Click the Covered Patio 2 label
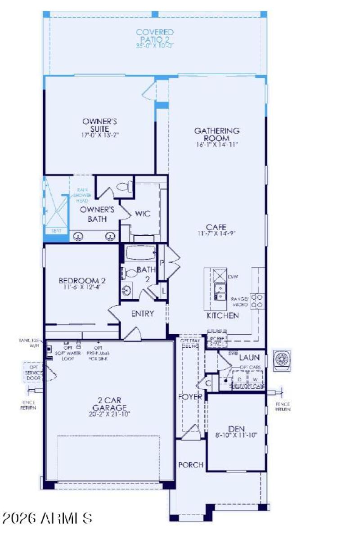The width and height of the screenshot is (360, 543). point(155,36)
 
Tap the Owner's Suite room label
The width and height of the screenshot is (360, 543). point(100,125)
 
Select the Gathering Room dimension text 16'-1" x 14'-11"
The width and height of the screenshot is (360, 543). point(217,145)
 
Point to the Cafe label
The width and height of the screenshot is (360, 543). point(217,227)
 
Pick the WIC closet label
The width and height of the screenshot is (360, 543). point(143,214)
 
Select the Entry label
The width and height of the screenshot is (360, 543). point(142,314)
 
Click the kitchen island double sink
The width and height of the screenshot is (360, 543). point(220,292)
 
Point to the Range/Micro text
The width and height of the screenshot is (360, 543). point(240,301)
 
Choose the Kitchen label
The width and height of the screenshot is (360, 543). point(222,315)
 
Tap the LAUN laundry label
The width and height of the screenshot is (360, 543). point(249,358)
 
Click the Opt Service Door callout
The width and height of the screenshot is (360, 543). point(34,372)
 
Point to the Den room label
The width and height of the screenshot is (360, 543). point(236,429)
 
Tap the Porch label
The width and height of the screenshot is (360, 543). point(191,465)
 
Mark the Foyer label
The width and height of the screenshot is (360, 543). point(189,397)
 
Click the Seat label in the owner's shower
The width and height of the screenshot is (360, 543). point(56,230)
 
